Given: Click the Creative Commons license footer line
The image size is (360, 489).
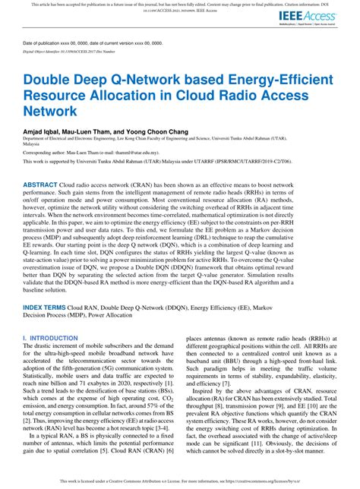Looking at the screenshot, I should pyautogui.click(x=180, y=481).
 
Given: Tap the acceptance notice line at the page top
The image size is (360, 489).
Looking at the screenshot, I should pyautogui.click(x=180, y=4).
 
